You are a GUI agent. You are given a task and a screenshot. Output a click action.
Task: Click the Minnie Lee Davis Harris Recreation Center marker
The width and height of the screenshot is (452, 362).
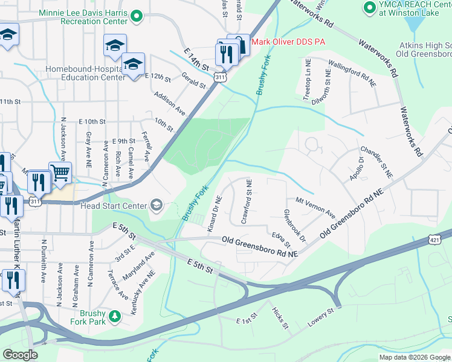pyautogui.click(x=137, y=16)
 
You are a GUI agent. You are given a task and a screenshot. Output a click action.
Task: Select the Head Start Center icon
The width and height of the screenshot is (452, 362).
pyautogui.click(x=157, y=206)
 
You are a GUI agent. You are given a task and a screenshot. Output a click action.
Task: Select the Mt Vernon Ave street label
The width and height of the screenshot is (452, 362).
pyautogui.click(x=315, y=206)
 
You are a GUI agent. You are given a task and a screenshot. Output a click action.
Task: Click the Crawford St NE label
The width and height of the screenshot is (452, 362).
pyautogui.click(x=247, y=202)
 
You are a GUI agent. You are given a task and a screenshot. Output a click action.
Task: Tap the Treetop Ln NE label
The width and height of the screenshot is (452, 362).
pyautogui.click(x=306, y=85)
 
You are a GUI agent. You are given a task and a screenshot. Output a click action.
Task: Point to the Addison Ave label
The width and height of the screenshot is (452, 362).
pyautogui.click(x=170, y=103)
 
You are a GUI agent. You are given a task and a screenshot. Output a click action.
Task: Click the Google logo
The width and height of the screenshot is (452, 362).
pyautogui.click(x=21, y=355)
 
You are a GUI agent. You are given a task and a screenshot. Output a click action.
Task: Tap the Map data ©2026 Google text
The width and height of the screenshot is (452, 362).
pyautogui.click(x=414, y=357)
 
